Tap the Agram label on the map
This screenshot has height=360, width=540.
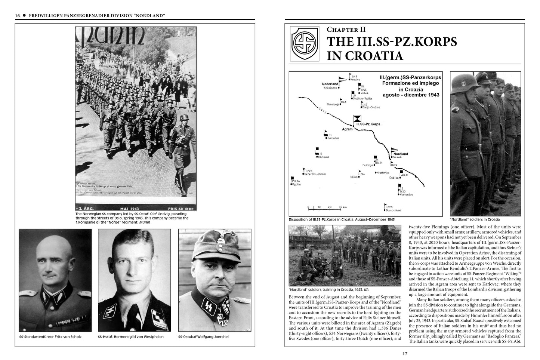pos(348,129)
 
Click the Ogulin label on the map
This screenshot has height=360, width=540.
pos(296,184)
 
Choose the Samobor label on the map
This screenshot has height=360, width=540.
pos(333,138)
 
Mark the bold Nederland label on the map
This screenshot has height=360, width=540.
pos(330,84)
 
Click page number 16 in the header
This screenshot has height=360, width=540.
pos(18,15)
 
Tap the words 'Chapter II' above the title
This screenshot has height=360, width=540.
pos(346,30)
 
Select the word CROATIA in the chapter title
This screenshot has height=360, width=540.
pos(365,56)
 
